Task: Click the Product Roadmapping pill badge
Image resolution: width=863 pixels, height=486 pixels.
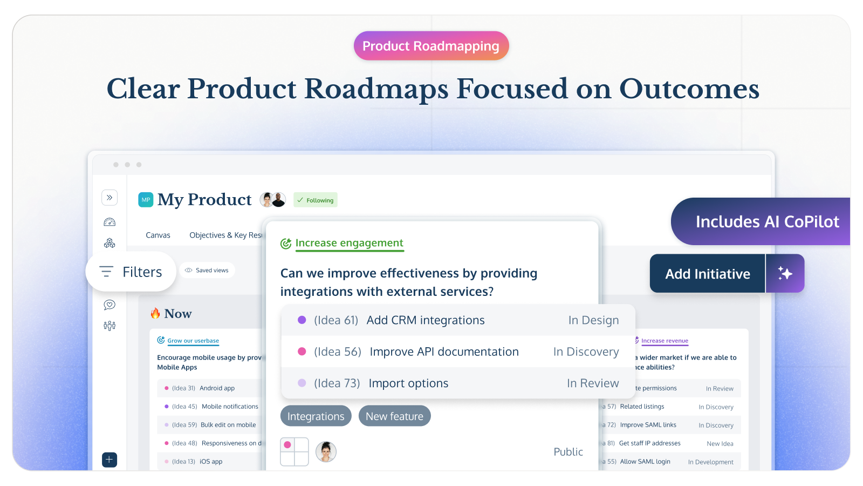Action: (431, 46)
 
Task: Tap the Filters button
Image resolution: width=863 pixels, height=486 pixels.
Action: (131, 272)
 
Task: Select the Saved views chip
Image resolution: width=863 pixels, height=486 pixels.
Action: (207, 270)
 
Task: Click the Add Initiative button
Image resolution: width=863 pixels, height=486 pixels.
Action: (707, 274)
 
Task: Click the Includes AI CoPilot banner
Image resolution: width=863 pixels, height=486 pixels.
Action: (766, 221)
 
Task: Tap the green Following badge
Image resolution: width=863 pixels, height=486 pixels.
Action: (316, 200)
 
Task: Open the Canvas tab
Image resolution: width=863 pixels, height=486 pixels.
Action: (158, 235)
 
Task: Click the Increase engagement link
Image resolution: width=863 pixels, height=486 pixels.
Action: (349, 243)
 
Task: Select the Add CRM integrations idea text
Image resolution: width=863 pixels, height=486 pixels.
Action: (426, 320)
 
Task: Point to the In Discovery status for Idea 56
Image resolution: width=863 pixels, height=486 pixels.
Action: (586, 352)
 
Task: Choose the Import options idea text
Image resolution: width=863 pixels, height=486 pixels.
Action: (408, 383)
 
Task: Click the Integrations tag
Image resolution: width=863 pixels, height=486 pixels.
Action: (316, 416)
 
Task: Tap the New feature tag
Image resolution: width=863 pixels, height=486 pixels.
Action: (394, 416)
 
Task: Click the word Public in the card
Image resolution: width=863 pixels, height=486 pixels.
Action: (568, 452)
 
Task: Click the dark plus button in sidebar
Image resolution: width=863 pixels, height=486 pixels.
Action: (109, 460)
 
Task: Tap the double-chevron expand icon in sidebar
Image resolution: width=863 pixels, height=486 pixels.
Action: (109, 198)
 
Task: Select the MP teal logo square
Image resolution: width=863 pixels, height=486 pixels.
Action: (146, 200)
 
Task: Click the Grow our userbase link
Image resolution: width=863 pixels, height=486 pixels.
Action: (193, 341)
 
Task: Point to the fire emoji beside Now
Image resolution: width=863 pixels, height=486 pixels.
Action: (155, 313)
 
